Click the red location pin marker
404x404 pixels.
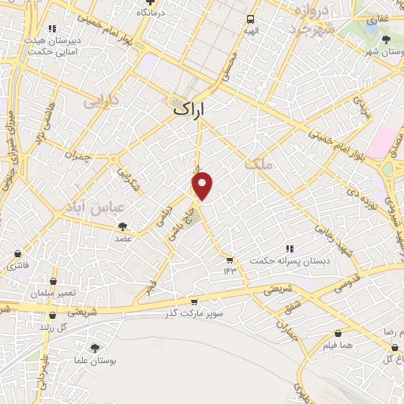coord(203,185)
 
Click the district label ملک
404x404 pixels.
coord(258,164)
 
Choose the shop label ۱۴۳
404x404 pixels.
coord(230,271)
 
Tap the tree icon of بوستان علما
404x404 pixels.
coord(95,347)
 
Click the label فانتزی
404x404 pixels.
coord(17,266)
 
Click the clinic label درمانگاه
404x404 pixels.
coord(150,13)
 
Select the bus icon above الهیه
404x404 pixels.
coord(250,19)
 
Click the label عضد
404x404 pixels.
coord(122,237)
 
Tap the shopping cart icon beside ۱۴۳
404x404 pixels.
coord(230,259)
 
